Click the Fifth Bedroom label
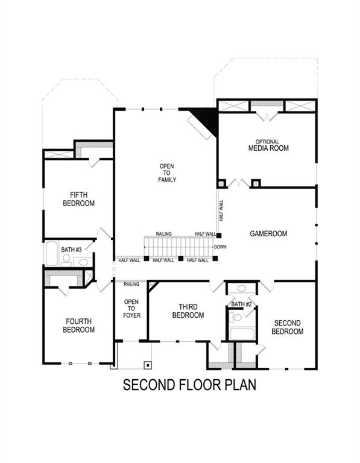click(x=79, y=199)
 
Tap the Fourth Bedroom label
click(x=79, y=326)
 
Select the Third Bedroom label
click(x=188, y=311)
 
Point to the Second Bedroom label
click(x=286, y=327)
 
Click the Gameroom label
click(x=268, y=233)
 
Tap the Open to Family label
click(x=167, y=172)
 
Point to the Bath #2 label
click(x=242, y=304)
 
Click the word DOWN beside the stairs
click(x=220, y=247)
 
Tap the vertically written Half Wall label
click(x=221, y=212)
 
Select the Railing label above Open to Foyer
click(x=131, y=284)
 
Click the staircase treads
click(x=178, y=246)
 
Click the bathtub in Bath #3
click(x=51, y=254)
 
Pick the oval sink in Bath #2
click(x=241, y=289)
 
